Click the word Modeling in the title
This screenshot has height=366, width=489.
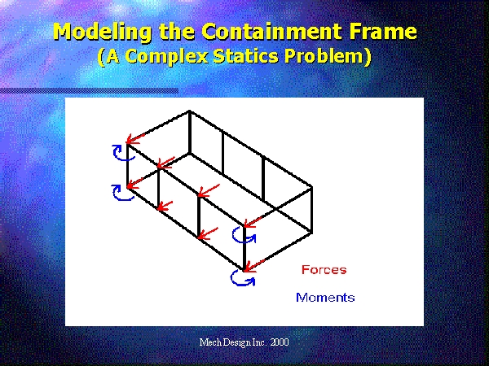[102, 32]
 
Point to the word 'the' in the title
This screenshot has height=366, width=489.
[176, 31]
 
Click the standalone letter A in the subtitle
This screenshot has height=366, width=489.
[113, 56]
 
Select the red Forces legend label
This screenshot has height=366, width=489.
[324, 269]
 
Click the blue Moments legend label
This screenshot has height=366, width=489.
[325, 298]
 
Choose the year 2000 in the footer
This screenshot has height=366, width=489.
[280, 342]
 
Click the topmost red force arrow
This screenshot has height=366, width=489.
[136, 138]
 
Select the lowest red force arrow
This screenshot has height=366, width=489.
[253, 266]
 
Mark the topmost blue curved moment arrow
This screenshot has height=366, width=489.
[122, 153]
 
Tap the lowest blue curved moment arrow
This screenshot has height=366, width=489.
[243, 278]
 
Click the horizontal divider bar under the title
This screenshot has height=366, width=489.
[89, 91]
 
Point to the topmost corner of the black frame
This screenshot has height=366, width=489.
[190, 111]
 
